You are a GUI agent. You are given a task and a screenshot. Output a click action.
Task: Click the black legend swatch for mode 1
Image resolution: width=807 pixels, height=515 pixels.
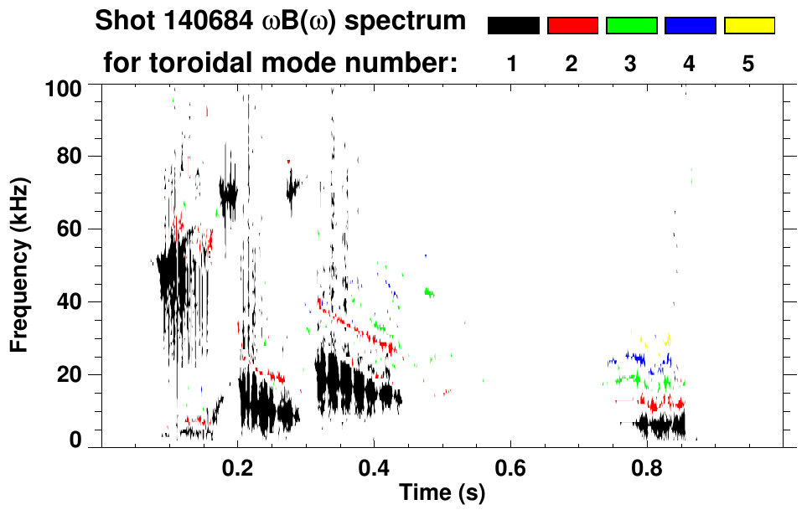click(x=514, y=26)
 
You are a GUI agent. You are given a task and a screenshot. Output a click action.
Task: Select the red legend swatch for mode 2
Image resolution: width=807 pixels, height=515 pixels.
click(x=572, y=26)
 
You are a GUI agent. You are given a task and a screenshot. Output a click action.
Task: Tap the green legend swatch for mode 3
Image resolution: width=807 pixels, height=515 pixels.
click(x=631, y=26)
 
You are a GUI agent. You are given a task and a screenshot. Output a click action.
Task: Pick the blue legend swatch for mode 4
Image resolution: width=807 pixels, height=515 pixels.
click(x=690, y=26)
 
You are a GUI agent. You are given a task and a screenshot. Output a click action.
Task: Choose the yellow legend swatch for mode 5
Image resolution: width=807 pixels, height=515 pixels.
click(x=748, y=26)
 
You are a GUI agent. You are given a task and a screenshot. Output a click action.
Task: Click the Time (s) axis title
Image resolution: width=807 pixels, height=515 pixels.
click(x=442, y=493)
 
